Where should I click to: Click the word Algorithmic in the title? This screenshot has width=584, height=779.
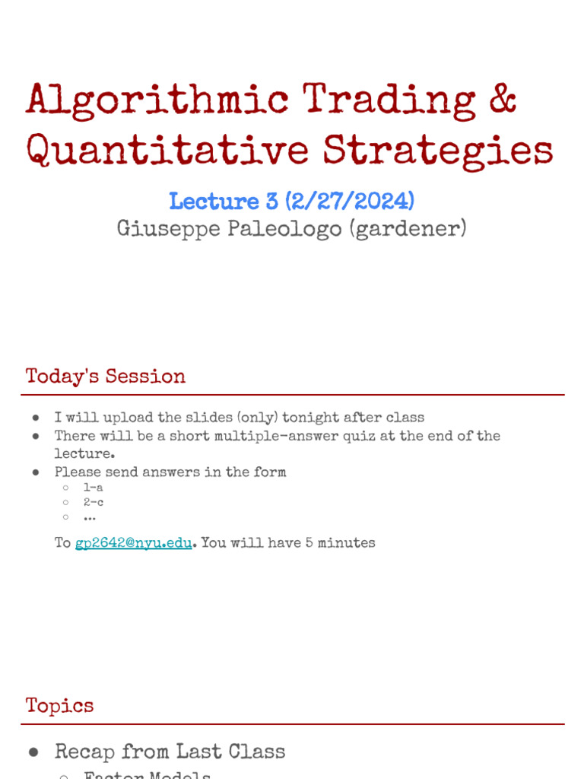(157, 100)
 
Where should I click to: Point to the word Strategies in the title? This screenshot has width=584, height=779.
(438, 150)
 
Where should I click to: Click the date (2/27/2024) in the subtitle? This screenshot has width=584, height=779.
(351, 202)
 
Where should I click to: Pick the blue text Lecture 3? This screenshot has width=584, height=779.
(224, 202)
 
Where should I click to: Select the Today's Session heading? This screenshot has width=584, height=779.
(106, 377)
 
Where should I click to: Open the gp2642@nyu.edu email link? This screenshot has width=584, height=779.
(133, 543)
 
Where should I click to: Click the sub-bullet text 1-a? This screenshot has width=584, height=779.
(94, 488)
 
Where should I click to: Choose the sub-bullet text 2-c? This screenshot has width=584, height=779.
(94, 502)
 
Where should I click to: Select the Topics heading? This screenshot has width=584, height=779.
(60, 705)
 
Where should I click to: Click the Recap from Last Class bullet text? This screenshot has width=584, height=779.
(170, 752)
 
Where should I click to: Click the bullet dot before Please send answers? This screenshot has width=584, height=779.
(36, 472)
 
